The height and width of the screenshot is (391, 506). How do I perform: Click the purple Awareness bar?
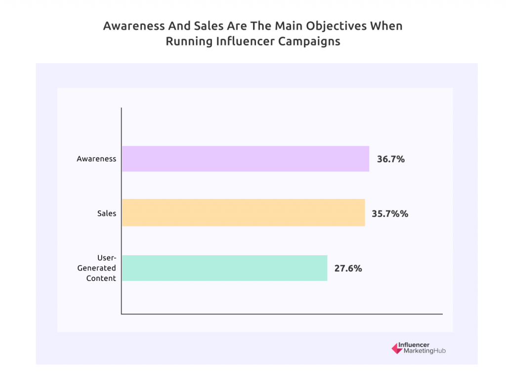click(245, 158)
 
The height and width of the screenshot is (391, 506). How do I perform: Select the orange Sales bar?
click(243, 212)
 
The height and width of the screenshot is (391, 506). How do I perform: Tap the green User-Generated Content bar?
click(224, 268)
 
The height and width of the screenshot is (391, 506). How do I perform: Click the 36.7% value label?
click(391, 159)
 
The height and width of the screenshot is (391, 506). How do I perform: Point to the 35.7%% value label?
click(390, 214)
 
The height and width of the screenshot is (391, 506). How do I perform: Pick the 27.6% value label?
click(348, 269)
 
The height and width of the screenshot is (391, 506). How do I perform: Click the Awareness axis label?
click(96, 159)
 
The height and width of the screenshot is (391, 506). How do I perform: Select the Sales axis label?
click(107, 213)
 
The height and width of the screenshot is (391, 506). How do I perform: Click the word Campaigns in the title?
click(308, 41)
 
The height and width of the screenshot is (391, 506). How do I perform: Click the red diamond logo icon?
click(396, 348)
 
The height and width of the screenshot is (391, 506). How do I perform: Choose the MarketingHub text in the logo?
click(421, 351)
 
